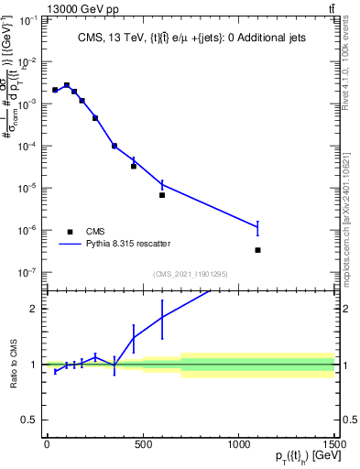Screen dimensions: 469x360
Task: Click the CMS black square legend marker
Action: point(70,232)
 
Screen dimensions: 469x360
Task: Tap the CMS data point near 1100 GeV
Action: point(257,250)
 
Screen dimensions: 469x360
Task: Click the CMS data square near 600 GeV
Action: point(162,195)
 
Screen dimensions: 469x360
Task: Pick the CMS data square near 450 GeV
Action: point(134,166)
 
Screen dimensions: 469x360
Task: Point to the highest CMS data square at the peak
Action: point(66,85)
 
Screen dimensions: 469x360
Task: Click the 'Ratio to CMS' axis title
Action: point(14,365)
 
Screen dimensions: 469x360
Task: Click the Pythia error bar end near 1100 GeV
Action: point(257,223)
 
